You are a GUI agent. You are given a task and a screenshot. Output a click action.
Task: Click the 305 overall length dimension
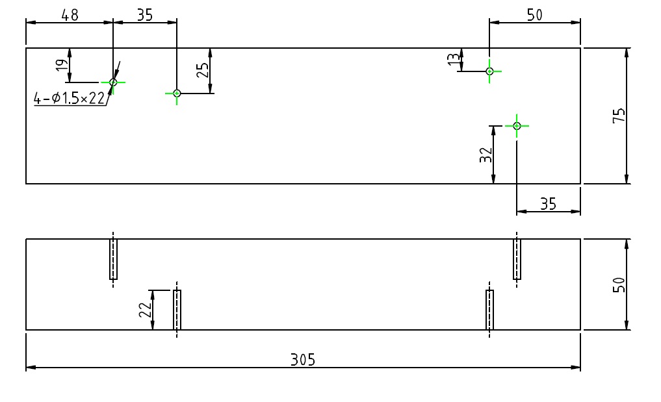coord(303,359)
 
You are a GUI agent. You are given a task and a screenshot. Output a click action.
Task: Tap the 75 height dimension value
coord(619,115)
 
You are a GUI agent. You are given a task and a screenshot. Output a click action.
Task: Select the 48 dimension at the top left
coord(70,15)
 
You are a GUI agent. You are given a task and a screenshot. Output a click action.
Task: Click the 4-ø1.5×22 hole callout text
coord(69,98)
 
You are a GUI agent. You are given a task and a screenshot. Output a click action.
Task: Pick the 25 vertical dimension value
coord(202,69)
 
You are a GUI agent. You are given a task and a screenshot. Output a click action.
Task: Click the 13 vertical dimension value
coord(454,59)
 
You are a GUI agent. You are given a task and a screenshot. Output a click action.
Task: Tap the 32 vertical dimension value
coord(486,154)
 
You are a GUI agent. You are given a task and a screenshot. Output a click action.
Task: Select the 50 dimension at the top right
coord(534,15)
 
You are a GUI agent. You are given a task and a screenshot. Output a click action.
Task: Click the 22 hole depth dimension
coord(144,310)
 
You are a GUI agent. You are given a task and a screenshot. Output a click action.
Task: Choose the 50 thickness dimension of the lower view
coord(619,284)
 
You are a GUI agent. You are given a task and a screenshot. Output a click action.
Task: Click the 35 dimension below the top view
coord(548,204)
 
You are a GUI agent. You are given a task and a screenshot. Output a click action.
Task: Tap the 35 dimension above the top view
coord(144,15)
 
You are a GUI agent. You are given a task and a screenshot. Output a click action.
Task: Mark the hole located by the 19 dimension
coord(113,82)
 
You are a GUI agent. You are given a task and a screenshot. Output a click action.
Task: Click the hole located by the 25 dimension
coord(177,93)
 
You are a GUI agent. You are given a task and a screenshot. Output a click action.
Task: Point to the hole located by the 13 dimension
coord(489,71)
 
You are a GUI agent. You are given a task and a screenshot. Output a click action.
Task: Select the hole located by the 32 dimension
coord(517,125)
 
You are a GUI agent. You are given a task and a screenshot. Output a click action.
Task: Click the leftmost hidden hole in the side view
coord(113,259)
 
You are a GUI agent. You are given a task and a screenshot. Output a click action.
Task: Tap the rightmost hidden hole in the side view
coord(517,259)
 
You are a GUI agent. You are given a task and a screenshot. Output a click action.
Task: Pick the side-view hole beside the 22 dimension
coord(177,310)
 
